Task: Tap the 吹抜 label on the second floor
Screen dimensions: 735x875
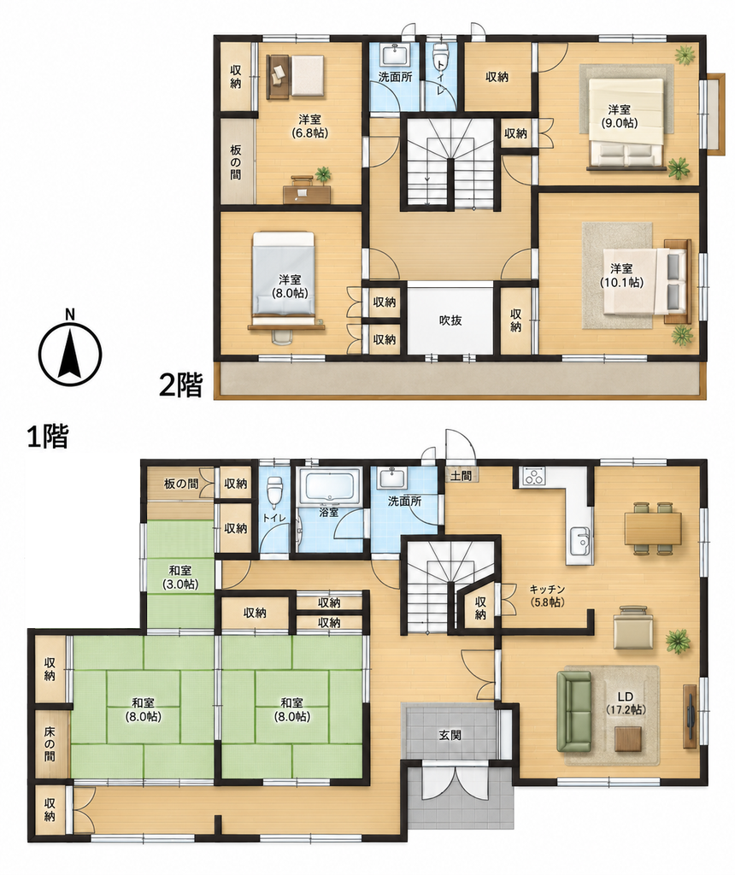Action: [450, 321]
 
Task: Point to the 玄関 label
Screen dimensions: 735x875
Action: [450, 735]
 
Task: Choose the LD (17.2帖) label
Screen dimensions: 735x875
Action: [625, 703]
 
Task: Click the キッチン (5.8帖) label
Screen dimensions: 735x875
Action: [547, 596]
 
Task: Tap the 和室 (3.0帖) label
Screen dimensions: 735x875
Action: [180, 577]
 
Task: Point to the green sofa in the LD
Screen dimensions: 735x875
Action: [573, 712]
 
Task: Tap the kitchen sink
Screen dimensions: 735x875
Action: [580, 540]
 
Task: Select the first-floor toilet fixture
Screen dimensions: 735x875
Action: [273, 491]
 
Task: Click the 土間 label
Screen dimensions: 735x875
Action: [462, 475]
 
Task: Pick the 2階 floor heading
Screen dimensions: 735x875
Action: [180, 384]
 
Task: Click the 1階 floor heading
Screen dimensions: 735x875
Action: [48, 437]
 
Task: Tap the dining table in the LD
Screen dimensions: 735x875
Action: [653, 528]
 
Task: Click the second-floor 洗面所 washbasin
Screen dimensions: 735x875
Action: [395, 55]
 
